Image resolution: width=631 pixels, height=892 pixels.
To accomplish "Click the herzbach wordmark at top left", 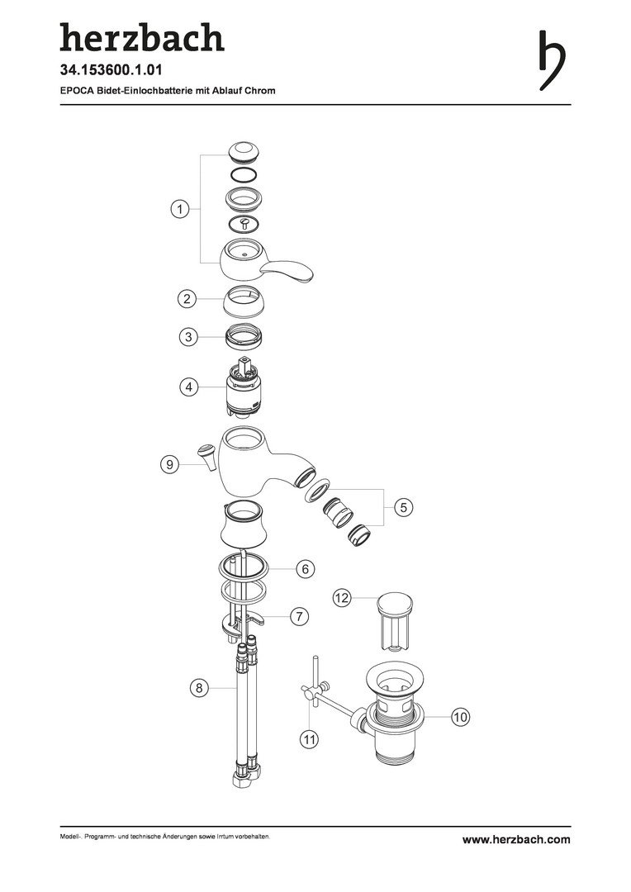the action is pyautogui.click(x=142, y=38).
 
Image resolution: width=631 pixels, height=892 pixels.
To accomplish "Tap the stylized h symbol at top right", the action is pyautogui.click(x=552, y=59).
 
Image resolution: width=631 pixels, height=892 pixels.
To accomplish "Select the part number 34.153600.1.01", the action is pyautogui.click(x=111, y=70).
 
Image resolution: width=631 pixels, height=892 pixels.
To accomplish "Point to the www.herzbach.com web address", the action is pyautogui.click(x=516, y=840).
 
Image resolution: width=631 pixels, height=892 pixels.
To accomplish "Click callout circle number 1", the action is pyautogui.click(x=180, y=209).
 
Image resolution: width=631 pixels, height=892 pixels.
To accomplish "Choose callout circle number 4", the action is pyautogui.click(x=189, y=387).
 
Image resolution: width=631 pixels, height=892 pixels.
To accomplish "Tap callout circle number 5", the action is pyautogui.click(x=403, y=507).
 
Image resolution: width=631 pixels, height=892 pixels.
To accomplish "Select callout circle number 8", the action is pyautogui.click(x=198, y=688).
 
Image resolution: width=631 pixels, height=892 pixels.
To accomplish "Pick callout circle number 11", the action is pyautogui.click(x=310, y=739).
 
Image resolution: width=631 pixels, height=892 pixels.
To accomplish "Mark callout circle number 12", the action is pyautogui.click(x=341, y=598).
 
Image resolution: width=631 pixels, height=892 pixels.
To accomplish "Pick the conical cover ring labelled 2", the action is pyautogui.click(x=245, y=301).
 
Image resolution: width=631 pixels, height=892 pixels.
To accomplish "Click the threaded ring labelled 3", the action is pyautogui.click(x=246, y=337).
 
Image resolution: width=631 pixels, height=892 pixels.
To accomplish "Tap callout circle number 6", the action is pyautogui.click(x=306, y=568).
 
